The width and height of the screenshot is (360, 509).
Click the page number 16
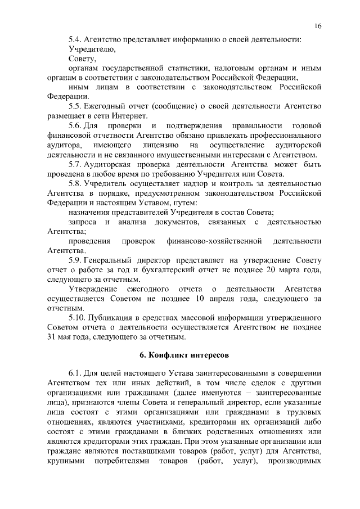point(318,26)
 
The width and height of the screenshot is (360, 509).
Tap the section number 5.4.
point(75,39)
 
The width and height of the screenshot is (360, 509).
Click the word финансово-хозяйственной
point(215,242)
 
